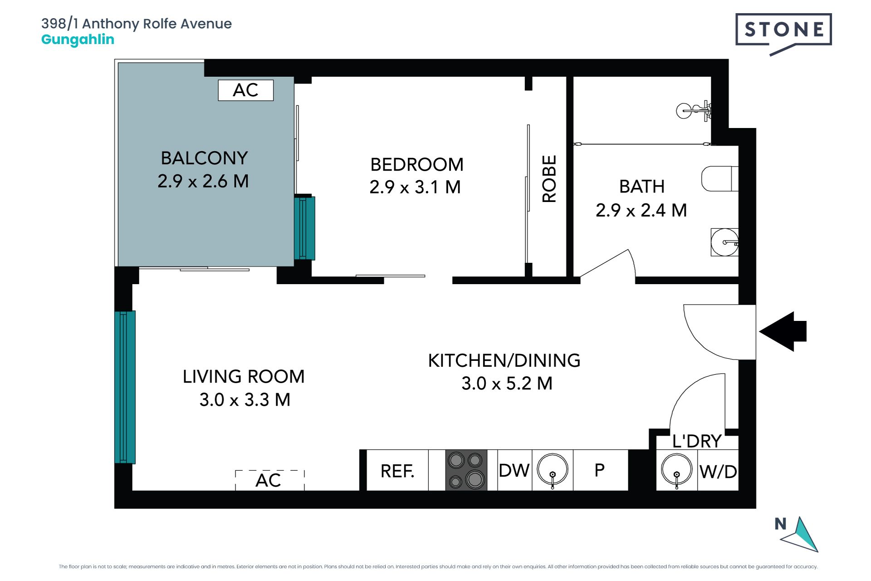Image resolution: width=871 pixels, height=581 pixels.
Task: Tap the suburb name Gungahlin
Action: tap(78, 40)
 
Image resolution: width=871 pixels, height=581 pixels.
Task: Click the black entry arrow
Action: tap(783, 331)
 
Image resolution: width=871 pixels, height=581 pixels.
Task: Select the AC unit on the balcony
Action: tap(246, 90)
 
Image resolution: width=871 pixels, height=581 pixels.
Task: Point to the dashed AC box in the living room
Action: tap(269, 480)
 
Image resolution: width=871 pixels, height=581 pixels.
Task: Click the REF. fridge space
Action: tap(397, 471)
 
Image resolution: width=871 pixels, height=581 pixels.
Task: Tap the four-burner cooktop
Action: tap(466, 470)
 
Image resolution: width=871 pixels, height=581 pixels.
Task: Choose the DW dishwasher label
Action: tap(514, 471)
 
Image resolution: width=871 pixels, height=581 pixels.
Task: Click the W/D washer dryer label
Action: tap(718, 472)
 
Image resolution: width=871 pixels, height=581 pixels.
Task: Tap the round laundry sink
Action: tap(677, 470)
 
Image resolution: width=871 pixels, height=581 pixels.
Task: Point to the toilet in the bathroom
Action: tap(720, 179)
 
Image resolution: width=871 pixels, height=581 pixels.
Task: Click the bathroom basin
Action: tap(724, 242)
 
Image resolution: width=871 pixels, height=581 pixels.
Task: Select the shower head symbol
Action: tap(694, 110)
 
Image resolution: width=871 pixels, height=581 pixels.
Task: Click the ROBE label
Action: tap(549, 179)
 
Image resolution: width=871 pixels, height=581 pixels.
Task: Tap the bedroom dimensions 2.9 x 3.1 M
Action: tap(415, 187)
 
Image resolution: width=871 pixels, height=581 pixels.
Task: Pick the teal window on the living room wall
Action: tap(125, 387)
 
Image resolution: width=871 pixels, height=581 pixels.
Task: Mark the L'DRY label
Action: tap(697, 441)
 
